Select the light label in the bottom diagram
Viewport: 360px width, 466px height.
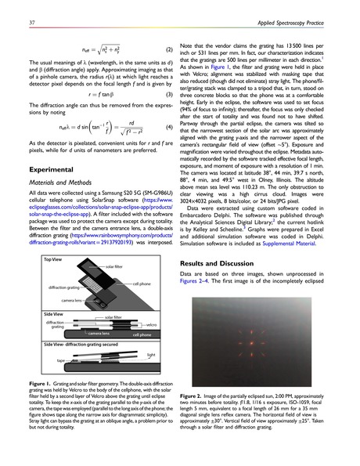pyautogui.click(x=152, y=353)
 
